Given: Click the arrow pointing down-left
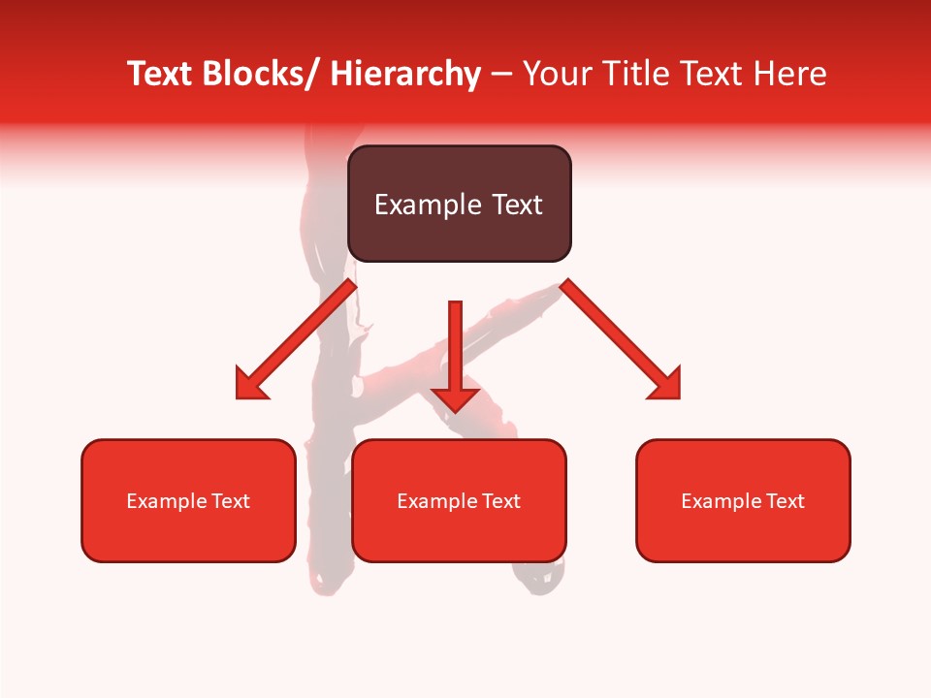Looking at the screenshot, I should point(296,339).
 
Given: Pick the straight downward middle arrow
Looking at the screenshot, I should point(455,354).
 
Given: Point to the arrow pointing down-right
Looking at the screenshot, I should point(621,339).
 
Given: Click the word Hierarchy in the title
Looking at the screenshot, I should point(405,74).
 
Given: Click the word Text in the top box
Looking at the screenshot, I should point(516,205).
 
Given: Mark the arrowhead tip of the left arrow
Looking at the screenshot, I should point(238,397).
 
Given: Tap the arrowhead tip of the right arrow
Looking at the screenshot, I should point(679,397).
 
